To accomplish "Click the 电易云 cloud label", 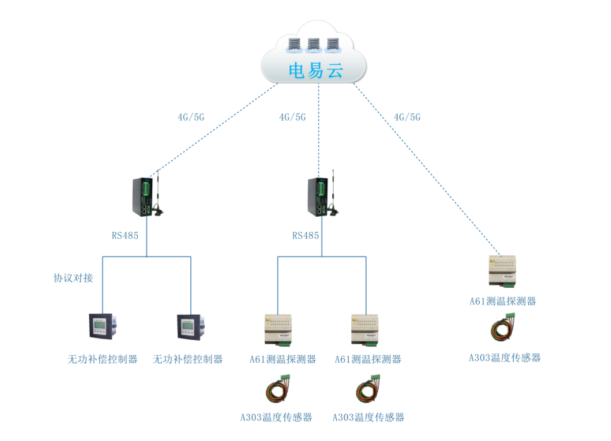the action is click(x=316, y=71).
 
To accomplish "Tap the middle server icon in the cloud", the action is click(x=313, y=45).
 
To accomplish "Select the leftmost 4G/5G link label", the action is click(x=191, y=117).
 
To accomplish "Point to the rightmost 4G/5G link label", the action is click(x=407, y=117).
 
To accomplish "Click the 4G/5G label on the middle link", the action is click(x=293, y=117).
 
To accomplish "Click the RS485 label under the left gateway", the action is click(x=125, y=235).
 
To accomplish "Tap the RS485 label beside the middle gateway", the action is click(x=306, y=235).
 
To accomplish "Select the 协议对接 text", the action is click(x=73, y=278).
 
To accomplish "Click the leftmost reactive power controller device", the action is click(x=103, y=327).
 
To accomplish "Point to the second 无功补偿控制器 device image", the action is click(x=191, y=327).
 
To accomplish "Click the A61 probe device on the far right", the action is click(x=502, y=271).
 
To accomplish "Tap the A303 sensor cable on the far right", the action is click(x=503, y=328).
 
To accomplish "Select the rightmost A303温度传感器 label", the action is click(x=505, y=358).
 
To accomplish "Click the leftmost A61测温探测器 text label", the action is click(x=282, y=359).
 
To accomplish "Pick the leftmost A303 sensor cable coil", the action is click(x=278, y=389).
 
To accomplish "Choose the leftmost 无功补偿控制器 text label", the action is click(x=102, y=359).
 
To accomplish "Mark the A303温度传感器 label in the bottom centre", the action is click(x=276, y=417).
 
